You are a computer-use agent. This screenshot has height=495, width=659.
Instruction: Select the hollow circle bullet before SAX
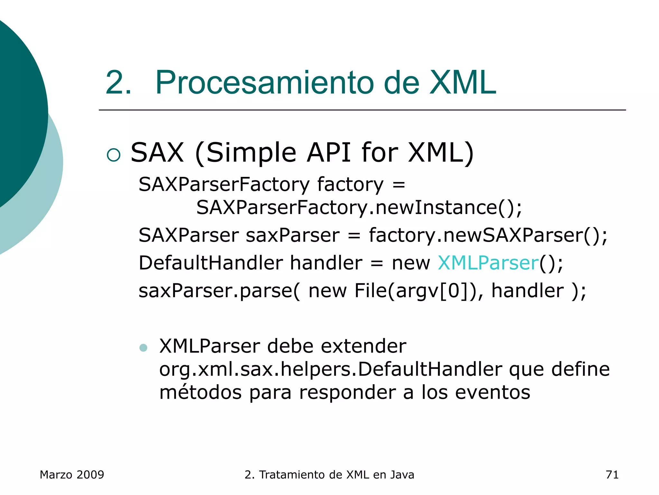point(114,155)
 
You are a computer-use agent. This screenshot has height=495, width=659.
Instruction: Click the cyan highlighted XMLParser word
point(488,263)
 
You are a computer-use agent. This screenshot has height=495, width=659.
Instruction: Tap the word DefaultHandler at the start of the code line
point(210,263)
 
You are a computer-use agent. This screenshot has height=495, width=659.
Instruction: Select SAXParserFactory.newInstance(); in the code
point(359,207)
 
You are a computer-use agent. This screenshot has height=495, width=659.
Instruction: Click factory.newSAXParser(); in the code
point(488,235)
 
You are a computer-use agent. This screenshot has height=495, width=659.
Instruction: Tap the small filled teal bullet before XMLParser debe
point(143,348)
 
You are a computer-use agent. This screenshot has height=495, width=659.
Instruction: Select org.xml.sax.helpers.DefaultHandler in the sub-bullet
point(330,369)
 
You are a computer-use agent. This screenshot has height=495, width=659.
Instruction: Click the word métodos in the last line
point(200,393)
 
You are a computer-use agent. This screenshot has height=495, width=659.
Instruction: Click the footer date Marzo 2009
point(72,475)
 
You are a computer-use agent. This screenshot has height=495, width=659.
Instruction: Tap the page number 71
point(612,475)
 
